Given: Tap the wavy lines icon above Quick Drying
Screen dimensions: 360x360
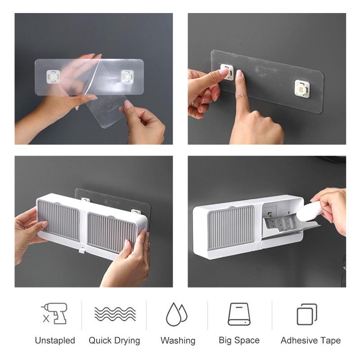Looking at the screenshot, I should click(115, 314).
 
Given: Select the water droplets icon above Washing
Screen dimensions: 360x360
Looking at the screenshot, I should click(177, 314).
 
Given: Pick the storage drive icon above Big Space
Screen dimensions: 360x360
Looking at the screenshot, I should click(239, 314).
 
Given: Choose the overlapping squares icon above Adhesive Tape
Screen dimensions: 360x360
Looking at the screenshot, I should click(307, 314).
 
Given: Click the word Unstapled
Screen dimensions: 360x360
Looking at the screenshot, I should click(55, 341).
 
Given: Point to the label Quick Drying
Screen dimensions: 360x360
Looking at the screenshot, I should click(114, 341).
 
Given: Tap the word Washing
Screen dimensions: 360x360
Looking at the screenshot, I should click(178, 341).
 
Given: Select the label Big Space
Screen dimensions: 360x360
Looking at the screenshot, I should click(239, 341).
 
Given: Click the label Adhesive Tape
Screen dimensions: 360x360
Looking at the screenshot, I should click(310, 341).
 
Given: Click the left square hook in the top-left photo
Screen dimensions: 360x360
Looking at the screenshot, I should click(54, 76).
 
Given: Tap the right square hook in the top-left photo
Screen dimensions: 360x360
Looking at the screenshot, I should click(127, 76).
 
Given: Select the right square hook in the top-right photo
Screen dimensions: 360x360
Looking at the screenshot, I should click(301, 88).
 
